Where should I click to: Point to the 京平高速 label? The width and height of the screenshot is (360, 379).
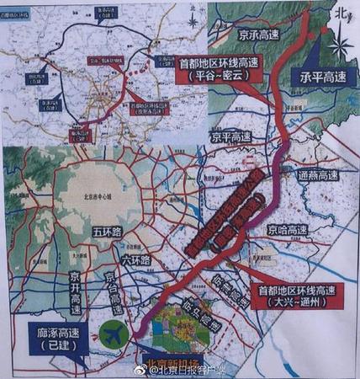[x=232, y=136]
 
